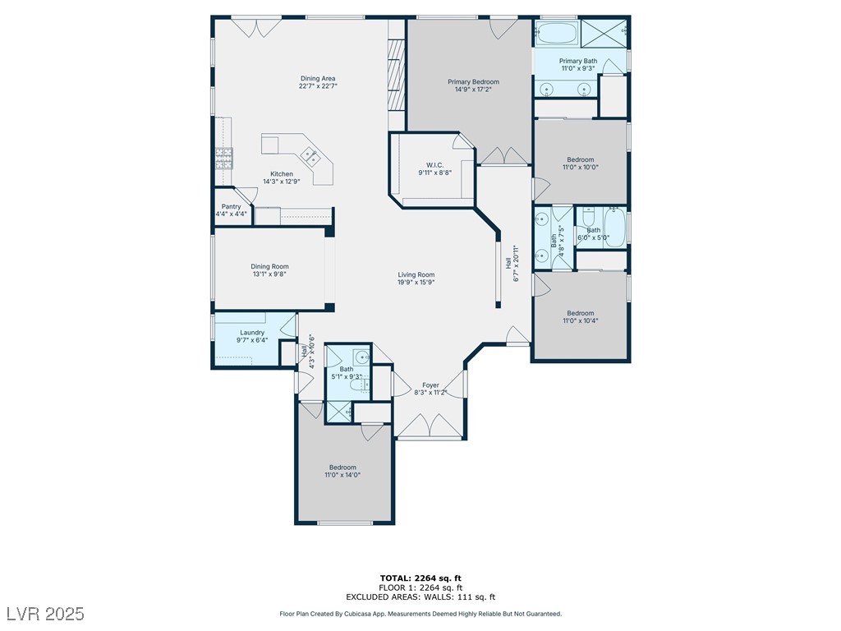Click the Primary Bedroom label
tap(473, 81)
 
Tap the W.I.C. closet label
tap(435, 164)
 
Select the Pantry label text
tap(231, 206)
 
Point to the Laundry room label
tap(252, 333)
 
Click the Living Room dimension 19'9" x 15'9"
tap(416, 283)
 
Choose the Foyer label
tap(430, 385)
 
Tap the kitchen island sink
tap(310, 156)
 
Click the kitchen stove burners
tap(224, 159)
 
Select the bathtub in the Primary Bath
tap(556, 33)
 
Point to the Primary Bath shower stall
tap(604, 33)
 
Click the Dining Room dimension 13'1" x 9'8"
tap(269, 274)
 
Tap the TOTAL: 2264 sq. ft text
tap(420, 578)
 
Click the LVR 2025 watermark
tap(46, 613)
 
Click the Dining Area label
tap(318, 78)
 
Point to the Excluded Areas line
tap(420, 596)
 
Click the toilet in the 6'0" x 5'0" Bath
tap(588, 217)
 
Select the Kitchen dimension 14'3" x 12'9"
tap(282, 182)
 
